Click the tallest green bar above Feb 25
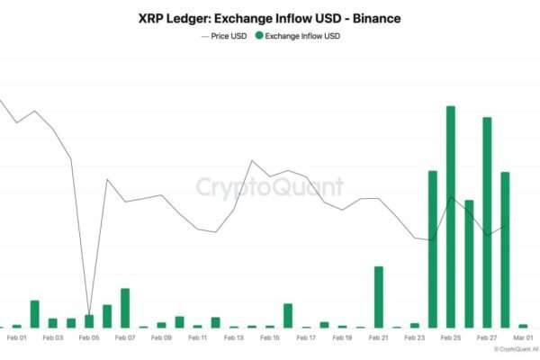[x=450, y=216]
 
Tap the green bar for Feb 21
[x=379, y=297]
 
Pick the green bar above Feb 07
[x=125, y=308]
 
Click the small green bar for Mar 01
[x=523, y=325]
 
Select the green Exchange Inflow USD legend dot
[x=259, y=36]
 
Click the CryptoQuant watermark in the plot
[x=270, y=186]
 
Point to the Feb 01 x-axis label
[x=17, y=338]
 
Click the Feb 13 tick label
[x=234, y=338]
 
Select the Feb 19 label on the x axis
[x=342, y=338]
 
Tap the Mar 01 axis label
[x=522, y=338]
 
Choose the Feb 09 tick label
[x=161, y=338]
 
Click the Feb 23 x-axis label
[x=414, y=338]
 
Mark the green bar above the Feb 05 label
[x=89, y=320]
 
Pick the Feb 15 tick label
[x=270, y=338]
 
